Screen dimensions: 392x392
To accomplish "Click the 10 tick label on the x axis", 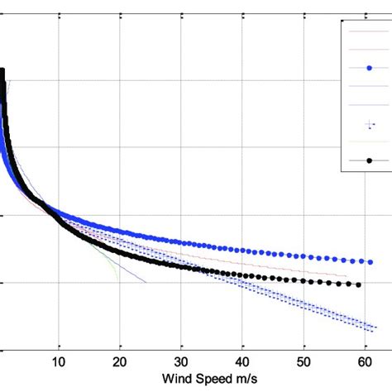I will click(59, 361).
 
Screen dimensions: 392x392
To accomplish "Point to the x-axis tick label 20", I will click(120, 361).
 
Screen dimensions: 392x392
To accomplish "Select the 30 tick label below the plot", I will click(181, 361).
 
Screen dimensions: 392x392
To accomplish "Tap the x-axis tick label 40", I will click(242, 361).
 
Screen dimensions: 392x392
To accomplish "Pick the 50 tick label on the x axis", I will click(304, 361).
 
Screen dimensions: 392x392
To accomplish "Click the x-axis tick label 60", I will click(364, 361).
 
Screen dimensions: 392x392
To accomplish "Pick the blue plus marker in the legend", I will click(368, 125).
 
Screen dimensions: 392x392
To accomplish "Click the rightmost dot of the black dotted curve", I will click(358, 284).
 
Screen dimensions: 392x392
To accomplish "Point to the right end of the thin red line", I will click(346, 276).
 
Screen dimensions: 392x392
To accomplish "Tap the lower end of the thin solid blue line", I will click(146, 282).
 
